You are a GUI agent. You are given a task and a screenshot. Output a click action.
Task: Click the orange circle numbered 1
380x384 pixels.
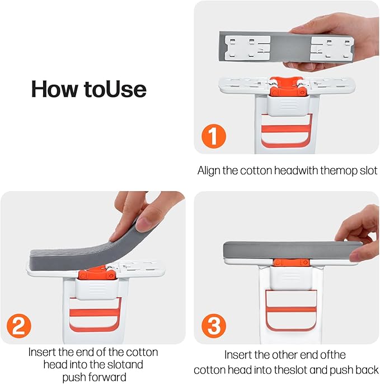point(213,136)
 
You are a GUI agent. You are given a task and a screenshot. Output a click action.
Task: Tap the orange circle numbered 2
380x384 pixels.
point(19,326)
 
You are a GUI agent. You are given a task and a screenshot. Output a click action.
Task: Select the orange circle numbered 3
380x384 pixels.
point(213,326)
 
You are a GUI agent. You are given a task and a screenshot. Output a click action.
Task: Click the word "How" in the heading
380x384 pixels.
point(56,89)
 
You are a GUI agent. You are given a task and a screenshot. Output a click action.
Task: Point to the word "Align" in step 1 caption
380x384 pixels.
point(209,170)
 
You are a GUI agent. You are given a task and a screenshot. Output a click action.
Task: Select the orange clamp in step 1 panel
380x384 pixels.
point(287,87)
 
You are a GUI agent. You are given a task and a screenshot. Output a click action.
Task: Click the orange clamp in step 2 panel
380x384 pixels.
point(96,272)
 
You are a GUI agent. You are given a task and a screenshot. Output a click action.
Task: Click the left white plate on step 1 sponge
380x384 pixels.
point(247,48)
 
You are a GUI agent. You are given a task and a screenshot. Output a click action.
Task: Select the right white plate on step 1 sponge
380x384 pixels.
point(331,49)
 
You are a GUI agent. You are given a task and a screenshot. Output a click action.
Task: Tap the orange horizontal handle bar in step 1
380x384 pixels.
point(287,129)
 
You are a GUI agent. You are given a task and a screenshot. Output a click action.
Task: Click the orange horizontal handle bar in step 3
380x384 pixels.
point(290,309)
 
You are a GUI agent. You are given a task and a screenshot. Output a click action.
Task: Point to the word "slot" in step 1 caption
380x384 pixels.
point(369,170)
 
